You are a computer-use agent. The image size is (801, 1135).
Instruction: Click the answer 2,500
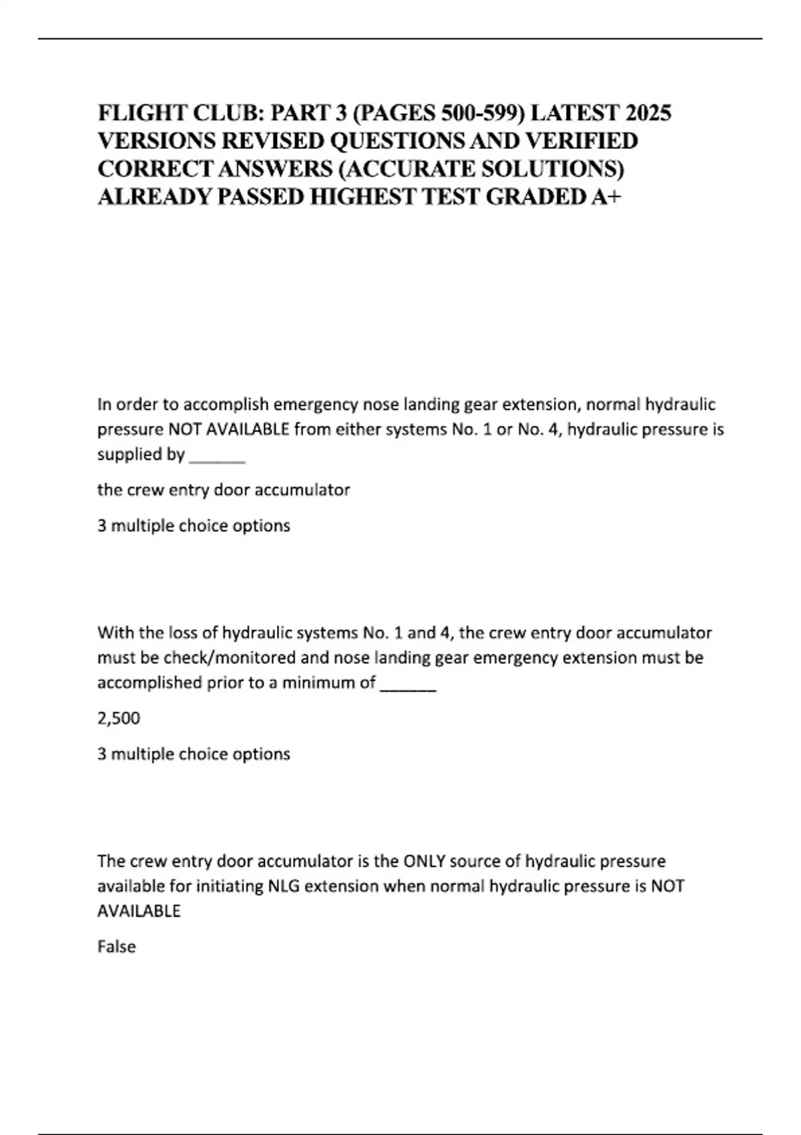click(119, 718)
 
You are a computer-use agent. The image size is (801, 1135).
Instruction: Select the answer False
click(116, 947)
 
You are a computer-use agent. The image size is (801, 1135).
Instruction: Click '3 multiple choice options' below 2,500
click(194, 754)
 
